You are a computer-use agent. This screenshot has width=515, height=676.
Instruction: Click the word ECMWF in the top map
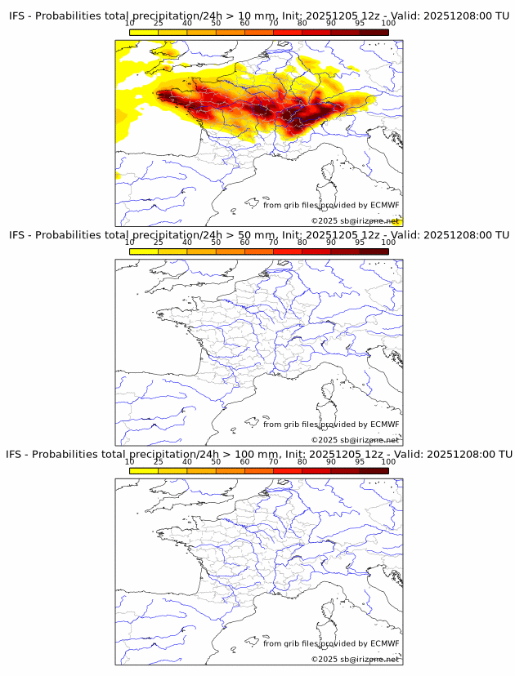384,205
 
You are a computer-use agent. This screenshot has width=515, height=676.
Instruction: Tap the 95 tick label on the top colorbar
360,23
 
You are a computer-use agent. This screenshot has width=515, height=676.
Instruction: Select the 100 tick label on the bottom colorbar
388,461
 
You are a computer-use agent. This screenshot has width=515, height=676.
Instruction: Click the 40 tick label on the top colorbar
186,23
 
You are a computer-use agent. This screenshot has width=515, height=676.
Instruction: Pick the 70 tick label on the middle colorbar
273,242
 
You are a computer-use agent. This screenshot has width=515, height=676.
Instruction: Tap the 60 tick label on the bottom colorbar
244,461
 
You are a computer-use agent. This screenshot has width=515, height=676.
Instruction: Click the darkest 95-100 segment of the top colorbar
374,33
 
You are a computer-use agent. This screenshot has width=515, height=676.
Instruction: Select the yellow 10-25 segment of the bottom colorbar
144,471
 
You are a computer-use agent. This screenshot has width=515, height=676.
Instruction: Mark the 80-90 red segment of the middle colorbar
316,252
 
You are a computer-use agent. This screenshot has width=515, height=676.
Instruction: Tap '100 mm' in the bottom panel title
253,454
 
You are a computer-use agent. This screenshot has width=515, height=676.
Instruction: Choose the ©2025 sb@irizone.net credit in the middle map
355,440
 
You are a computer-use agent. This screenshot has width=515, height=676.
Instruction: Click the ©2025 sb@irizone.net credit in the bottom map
355,659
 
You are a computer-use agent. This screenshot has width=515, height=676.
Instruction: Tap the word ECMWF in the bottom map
384,643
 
